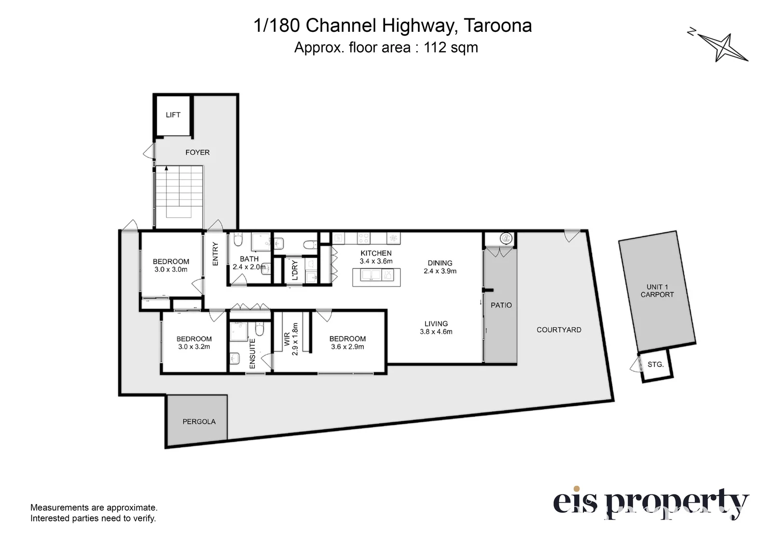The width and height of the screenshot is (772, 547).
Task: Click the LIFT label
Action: coord(173,115)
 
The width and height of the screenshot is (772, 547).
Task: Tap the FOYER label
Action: coord(197,153)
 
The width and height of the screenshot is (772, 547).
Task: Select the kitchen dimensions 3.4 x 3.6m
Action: coord(376,261)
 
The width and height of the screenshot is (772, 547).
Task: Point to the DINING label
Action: coord(440,263)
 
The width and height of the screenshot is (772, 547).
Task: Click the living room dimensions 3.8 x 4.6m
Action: coord(436,332)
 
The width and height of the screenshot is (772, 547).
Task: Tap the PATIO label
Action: coord(501,305)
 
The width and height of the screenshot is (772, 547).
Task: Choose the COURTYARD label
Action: coord(559,330)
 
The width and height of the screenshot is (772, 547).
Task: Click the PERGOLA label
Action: coord(199,421)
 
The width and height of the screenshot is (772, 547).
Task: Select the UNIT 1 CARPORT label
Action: coord(657,291)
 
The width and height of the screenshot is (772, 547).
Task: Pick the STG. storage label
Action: coord(655,364)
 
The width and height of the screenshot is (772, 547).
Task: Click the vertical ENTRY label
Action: coord(215,254)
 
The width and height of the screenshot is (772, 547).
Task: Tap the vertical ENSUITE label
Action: coord(252,353)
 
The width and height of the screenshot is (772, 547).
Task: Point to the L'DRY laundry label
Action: coord(295,270)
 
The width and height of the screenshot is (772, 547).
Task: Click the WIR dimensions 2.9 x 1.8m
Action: coord(295,339)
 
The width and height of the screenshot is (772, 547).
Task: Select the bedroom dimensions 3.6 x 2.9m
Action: coord(347,347)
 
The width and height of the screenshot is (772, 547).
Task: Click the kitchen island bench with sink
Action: coord(376,277)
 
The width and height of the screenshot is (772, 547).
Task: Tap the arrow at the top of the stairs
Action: coord(166,168)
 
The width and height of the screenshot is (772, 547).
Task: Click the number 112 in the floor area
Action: coord(435,47)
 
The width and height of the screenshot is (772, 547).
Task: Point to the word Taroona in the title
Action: coord(497,26)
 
